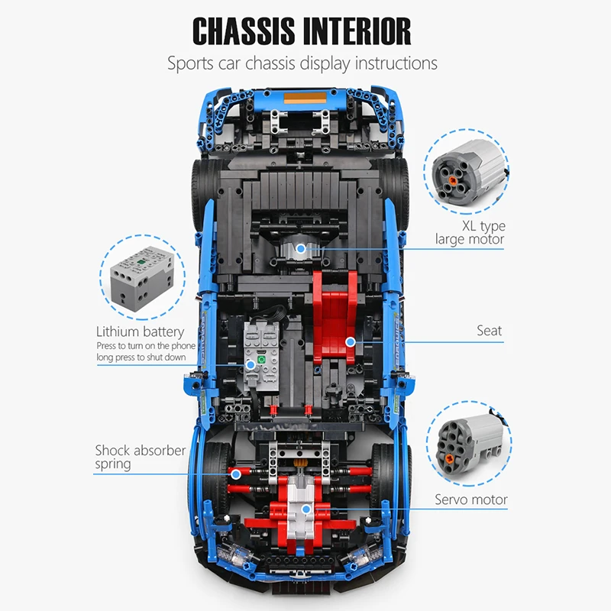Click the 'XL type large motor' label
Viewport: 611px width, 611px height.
[x=470, y=233]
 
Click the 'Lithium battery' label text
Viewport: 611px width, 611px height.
[x=140, y=331]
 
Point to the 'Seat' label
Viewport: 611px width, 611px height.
[x=490, y=331]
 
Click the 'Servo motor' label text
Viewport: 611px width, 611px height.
[x=471, y=500]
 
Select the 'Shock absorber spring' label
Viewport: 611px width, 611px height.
[x=140, y=457]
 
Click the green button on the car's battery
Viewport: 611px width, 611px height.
[x=260, y=358]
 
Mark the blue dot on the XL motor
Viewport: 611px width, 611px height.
[x=301, y=248]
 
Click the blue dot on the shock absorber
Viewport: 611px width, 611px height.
[x=236, y=474]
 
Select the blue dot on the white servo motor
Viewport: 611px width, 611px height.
[x=305, y=509]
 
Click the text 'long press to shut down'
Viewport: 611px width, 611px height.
[x=146, y=357]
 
